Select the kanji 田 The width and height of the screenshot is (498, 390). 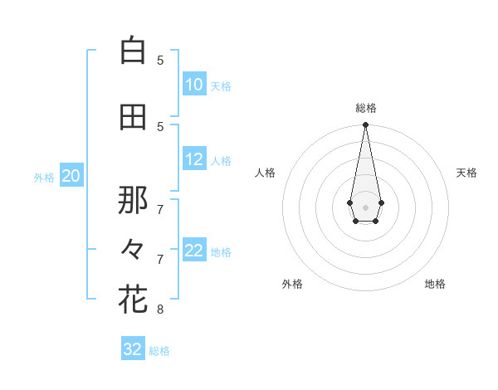click(x=133, y=117)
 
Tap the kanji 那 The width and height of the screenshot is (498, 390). click(x=133, y=199)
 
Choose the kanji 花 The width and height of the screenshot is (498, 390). click(x=133, y=300)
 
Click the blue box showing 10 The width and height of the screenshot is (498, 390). click(x=194, y=85)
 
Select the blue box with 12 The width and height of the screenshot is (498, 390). click(x=194, y=160)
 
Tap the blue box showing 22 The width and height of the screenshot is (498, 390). click(x=194, y=251)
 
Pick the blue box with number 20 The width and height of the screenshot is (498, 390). click(x=71, y=176)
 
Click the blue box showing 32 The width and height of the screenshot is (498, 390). click(x=133, y=349)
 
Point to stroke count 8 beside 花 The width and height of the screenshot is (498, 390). click(x=160, y=310)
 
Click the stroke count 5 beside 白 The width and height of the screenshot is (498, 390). click(x=160, y=60)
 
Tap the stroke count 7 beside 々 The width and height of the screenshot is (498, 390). click(x=160, y=260)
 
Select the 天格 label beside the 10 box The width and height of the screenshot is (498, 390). click(x=221, y=85)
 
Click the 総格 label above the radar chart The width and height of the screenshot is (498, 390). click(x=366, y=108)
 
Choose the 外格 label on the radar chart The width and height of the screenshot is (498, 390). click(x=292, y=284)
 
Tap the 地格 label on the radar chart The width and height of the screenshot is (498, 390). click(x=435, y=284)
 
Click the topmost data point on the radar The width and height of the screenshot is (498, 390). click(x=365, y=125)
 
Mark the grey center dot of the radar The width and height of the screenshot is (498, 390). click(x=365, y=206)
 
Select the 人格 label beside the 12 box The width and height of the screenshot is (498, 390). click(x=221, y=161)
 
